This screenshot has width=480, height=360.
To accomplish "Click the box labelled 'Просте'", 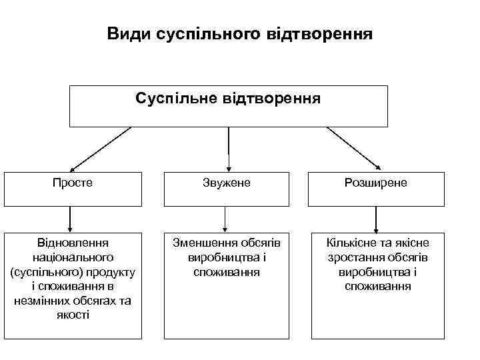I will (73, 189).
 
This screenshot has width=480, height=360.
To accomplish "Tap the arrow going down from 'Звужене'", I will (225, 219).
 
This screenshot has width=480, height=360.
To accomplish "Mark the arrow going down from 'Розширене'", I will (377, 219).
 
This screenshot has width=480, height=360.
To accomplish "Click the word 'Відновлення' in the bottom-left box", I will (73, 243).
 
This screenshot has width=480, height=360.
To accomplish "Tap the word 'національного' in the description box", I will (73, 257).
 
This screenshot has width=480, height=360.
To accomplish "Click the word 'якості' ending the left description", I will (73, 315).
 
